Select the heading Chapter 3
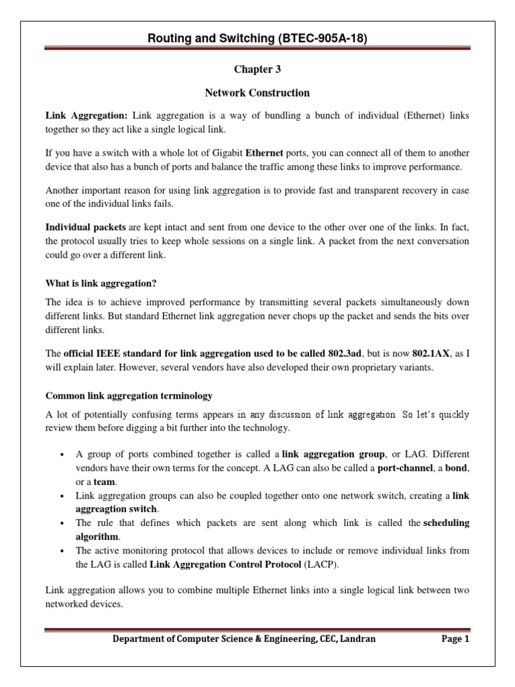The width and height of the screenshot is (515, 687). [x=257, y=69]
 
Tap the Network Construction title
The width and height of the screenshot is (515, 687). [x=257, y=93]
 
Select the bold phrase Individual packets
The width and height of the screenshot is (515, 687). [x=86, y=227]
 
